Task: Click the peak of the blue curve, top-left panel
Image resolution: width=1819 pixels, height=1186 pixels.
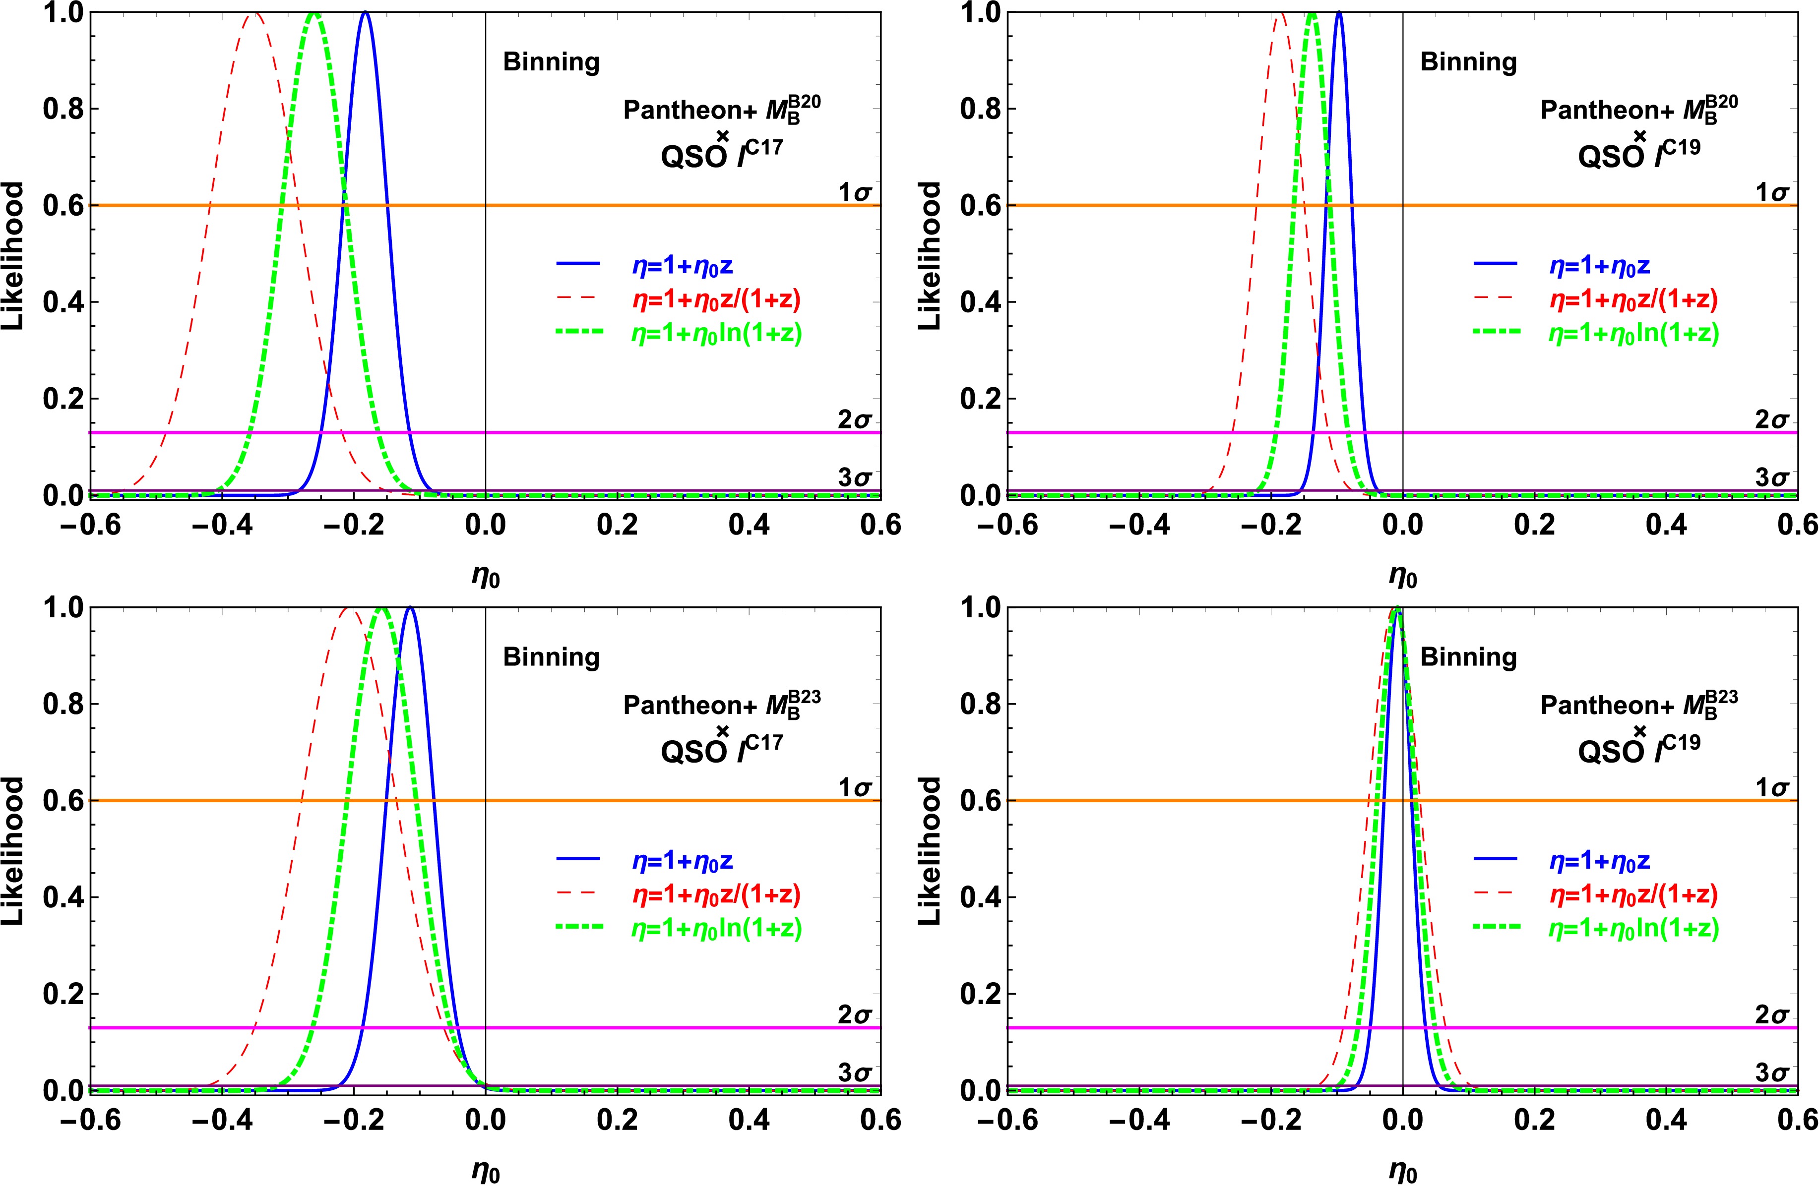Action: tap(366, 13)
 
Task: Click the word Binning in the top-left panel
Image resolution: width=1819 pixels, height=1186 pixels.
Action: tap(551, 62)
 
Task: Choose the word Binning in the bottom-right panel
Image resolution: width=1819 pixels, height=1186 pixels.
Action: tap(1468, 657)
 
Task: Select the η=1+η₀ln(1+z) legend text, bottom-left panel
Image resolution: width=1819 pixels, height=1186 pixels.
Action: tap(716, 928)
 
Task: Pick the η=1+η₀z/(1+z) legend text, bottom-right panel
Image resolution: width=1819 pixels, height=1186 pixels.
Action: tap(1633, 894)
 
